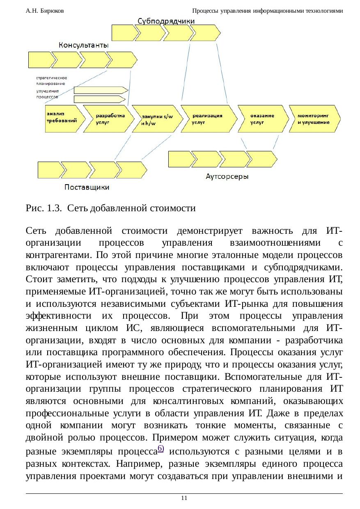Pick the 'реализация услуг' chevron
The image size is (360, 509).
click(208, 119)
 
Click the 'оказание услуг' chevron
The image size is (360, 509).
click(262, 119)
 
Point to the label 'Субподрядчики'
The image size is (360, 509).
click(166, 21)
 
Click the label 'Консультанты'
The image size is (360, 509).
click(84, 45)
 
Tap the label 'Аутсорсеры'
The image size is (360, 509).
click(227, 177)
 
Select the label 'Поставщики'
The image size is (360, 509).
click(87, 188)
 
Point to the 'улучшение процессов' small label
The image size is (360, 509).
click(48, 94)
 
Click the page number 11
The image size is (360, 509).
click(184, 498)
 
